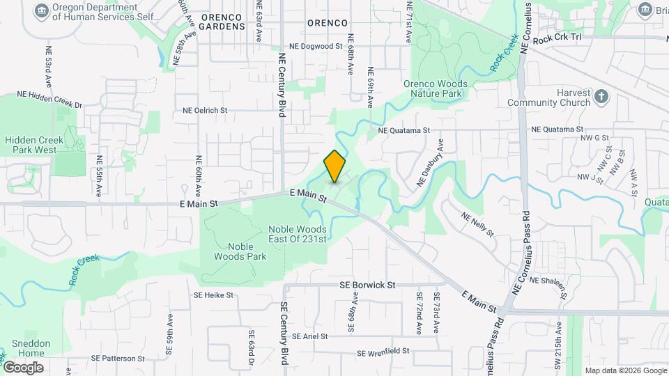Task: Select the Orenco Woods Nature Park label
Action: [x=436, y=88]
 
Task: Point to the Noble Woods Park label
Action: [x=247, y=251]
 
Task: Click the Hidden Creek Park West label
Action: [x=35, y=145]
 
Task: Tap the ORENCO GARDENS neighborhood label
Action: [x=222, y=21]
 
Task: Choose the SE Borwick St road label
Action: [x=367, y=285]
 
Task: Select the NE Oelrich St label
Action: [x=215, y=110]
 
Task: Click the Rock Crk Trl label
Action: [x=557, y=41]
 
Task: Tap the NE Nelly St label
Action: [x=477, y=223]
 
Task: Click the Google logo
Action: [x=23, y=367]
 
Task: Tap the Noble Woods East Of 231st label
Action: [x=297, y=234]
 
